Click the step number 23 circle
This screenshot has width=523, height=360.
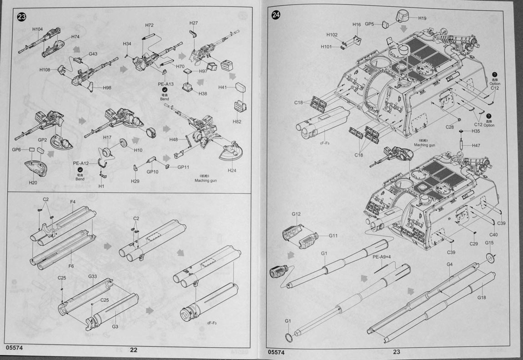coord(21,17)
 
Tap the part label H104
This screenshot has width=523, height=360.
coord(38,30)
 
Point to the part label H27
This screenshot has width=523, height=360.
coord(194,23)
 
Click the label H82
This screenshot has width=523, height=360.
coord(237,122)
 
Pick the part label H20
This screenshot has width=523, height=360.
coord(33,182)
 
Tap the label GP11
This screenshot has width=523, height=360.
coord(183,167)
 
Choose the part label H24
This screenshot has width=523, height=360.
coord(233,170)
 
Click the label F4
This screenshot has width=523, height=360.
coord(73,201)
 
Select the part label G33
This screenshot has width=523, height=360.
coord(93,276)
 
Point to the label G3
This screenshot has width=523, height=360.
coord(115,326)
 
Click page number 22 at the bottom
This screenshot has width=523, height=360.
coord(134,350)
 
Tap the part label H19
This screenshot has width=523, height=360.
coord(422,19)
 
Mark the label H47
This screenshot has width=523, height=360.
coord(476,145)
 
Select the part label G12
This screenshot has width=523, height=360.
coord(296,214)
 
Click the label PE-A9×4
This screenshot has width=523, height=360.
coord(382,257)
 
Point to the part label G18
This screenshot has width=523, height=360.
coord(482,298)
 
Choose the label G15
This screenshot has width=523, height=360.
coord(489,243)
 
